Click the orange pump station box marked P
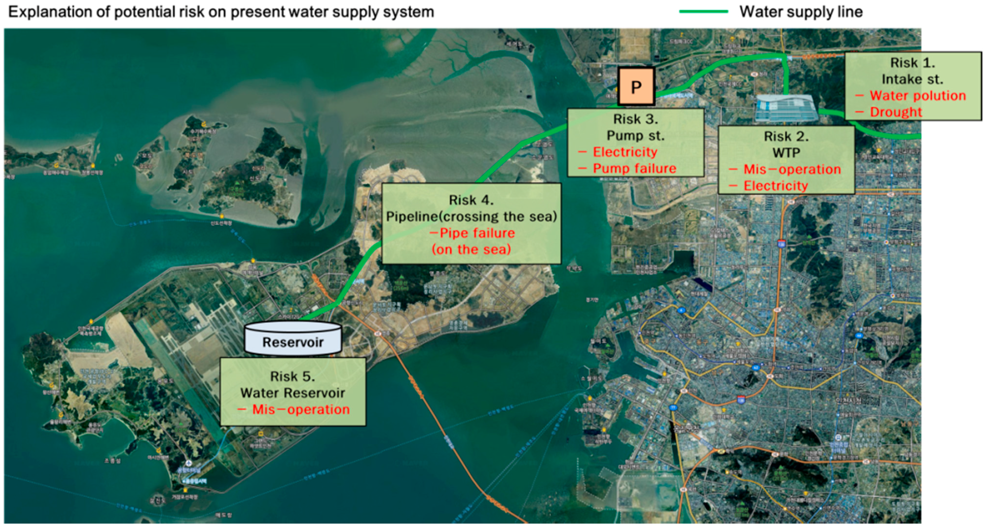(x=636, y=87)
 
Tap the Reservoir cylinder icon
(x=293, y=338)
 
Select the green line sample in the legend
(x=703, y=11)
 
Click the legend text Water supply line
(x=801, y=11)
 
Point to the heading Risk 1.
(x=912, y=63)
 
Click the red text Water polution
(x=918, y=96)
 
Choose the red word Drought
(x=896, y=112)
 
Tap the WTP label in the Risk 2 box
(x=786, y=153)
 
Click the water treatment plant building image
(x=786, y=108)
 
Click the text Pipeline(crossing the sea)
(x=471, y=217)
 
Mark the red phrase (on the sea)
(x=471, y=249)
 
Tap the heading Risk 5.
(x=292, y=377)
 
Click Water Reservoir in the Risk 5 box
(x=292, y=393)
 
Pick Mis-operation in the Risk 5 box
(x=301, y=409)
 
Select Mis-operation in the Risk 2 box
(x=792, y=169)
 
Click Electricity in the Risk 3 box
(x=625, y=152)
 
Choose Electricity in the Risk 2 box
(x=775, y=186)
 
